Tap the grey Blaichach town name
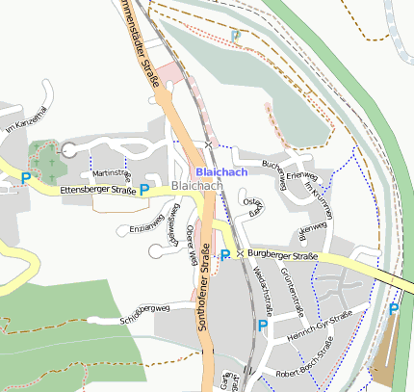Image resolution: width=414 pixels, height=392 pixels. click(196, 184)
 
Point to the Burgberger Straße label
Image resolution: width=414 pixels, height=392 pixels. click(282, 255)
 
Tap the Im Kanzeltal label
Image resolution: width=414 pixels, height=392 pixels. click(26, 119)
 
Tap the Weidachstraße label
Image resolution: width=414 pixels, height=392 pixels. click(263, 291)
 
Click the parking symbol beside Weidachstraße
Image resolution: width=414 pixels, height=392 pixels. click(262, 326)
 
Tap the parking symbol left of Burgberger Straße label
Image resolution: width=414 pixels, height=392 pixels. click(225, 255)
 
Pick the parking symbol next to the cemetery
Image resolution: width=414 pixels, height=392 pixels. click(26, 178)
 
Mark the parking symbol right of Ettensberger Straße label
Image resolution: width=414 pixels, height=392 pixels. click(144, 190)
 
